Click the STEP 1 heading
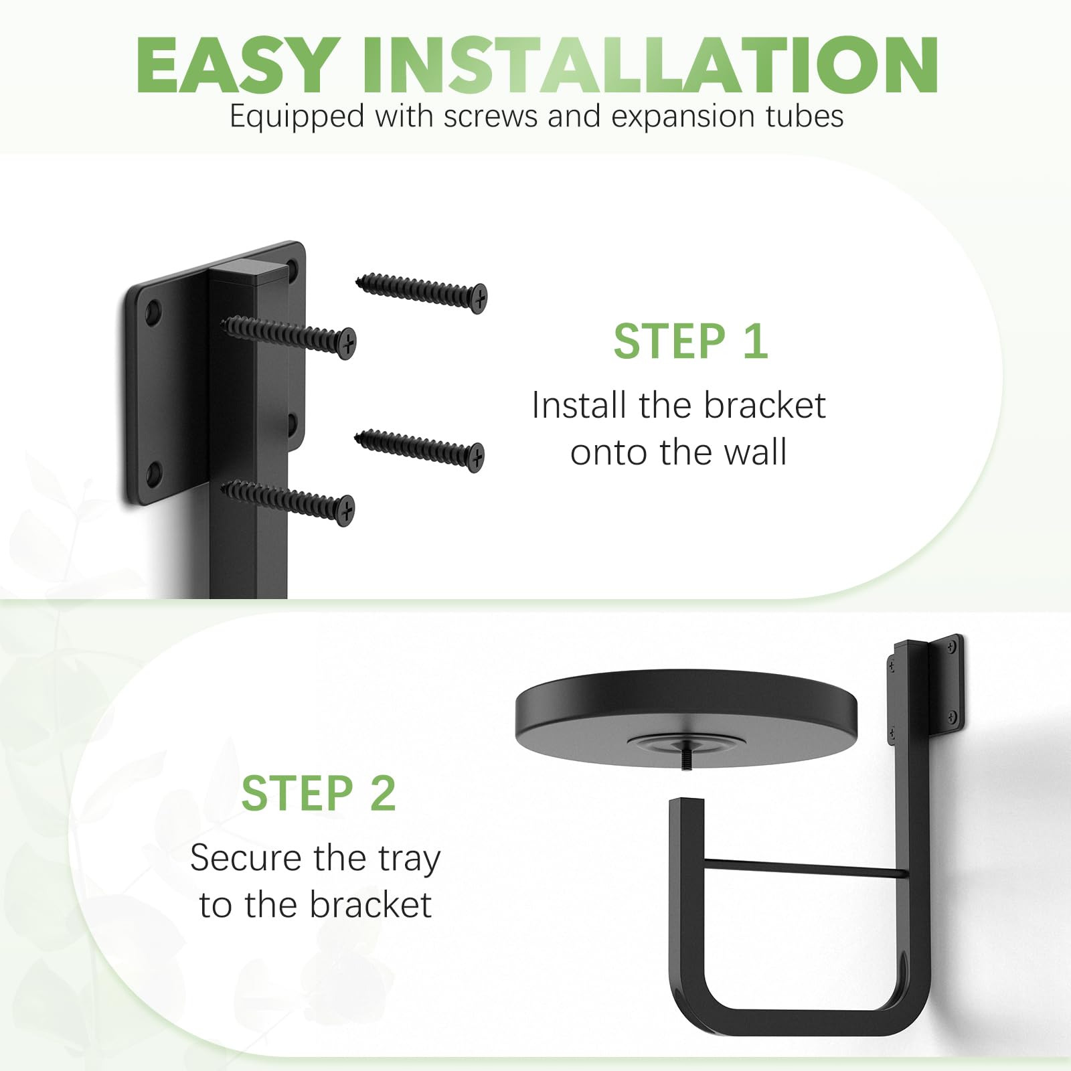pyautogui.click(x=691, y=341)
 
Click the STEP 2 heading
pyautogui.click(x=319, y=794)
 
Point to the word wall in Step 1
pyautogui.click(x=754, y=452)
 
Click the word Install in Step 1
pyautogui.click(x=580, y=406)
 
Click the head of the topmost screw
pyautogui.click(x=478, y=299)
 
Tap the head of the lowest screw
pyautogui.click(x=345, y=512)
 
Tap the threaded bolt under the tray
pyautogui.click(x=686, y=761)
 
